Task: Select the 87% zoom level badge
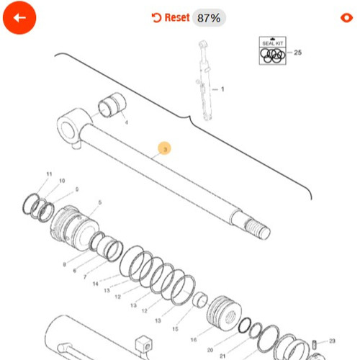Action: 209,18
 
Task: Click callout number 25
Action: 298,53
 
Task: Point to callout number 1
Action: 222,89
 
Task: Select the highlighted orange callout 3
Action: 165,149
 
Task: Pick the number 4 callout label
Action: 127,122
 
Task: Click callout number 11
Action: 49,175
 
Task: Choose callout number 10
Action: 62,181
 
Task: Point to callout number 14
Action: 95,284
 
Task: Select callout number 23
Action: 332,341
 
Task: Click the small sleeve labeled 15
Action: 202,300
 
